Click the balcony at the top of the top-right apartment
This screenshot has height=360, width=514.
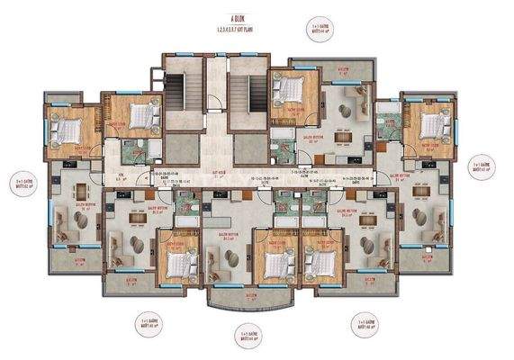341,69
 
